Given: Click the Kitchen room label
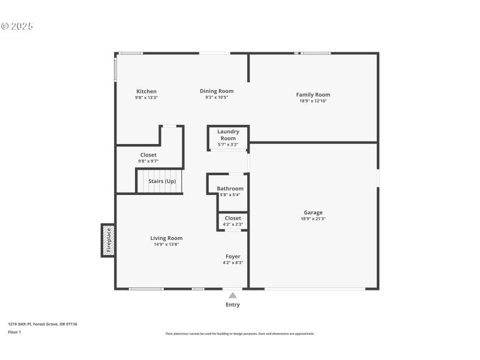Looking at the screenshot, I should [x=146, y=92].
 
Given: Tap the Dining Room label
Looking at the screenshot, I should [x=217, y=91].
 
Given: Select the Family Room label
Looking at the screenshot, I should [x=313, y=95].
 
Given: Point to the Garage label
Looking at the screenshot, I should [x=313, y=212].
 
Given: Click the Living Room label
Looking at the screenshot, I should [x=166, y=238].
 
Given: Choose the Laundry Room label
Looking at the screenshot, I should [x=228, y=135].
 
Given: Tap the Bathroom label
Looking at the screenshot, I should [x=230, y=188].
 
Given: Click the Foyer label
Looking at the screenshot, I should [x=233, y=256].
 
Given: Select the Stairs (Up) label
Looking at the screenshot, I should [x=162, y=181].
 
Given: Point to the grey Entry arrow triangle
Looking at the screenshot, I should [x=233, y=295].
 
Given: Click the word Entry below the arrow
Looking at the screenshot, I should [x=233, y=305].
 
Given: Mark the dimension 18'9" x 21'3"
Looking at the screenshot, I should [x=313, y=219].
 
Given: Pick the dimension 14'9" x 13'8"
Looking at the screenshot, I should [x=166, y=245].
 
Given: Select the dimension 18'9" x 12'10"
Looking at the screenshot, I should [x=313, y=101].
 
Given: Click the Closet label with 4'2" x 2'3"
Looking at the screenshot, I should [x=233, y=218].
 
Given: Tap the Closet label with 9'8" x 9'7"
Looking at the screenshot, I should [x=148, y=155].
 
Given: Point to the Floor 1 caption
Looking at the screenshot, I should [x=14, y=332].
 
